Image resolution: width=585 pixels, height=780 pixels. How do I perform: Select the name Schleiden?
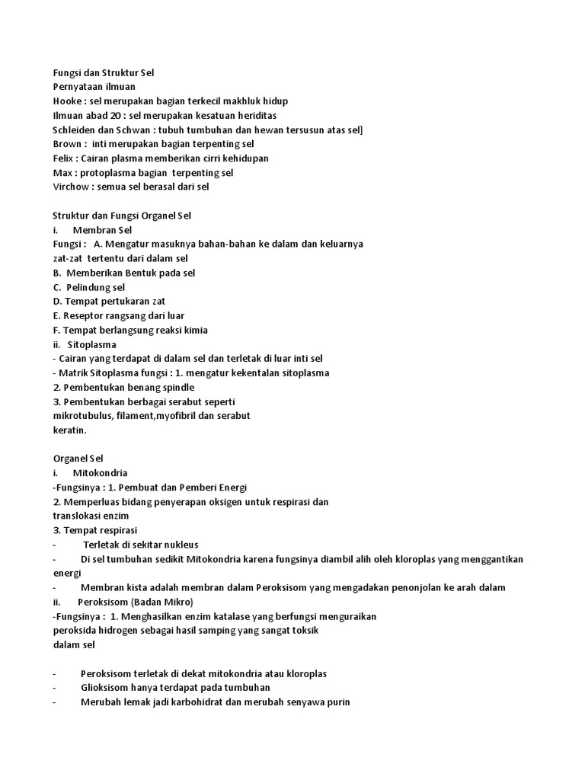pyautogui.click(x=75, y=130)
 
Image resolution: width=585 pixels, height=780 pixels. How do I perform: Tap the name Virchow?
pyautogui.click(x=71, y=187)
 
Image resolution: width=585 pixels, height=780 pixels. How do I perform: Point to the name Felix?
pyautogui.click(x=64, y=158)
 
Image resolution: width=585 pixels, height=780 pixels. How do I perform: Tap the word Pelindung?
pyautogui.click(x=88, y=287)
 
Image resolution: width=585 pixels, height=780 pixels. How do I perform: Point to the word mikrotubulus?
pyautogui.click(x=82, y=416)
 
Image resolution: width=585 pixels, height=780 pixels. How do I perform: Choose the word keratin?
pyautogui.click(x=69, y=430)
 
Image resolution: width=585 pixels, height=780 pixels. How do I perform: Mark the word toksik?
pyautogui.click(x=305, y=631)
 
